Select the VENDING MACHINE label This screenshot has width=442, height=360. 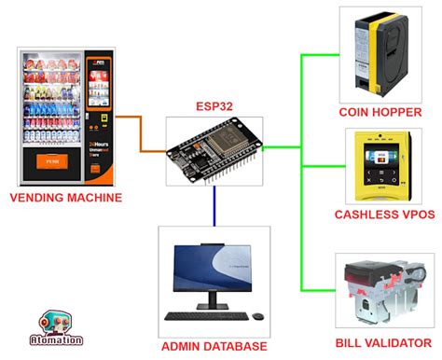(x=67, y=198)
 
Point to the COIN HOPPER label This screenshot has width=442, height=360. (x=381, y=113)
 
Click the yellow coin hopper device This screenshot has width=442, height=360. (x=381, y=56)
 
